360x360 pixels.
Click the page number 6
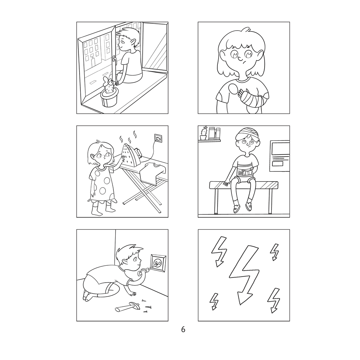point(183,329)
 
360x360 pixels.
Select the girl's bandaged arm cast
point(254,99)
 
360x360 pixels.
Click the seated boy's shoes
point(242,208)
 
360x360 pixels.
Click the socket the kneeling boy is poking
point(157,263)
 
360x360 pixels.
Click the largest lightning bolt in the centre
point(244,272)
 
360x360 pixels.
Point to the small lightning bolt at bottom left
point(214,301)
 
